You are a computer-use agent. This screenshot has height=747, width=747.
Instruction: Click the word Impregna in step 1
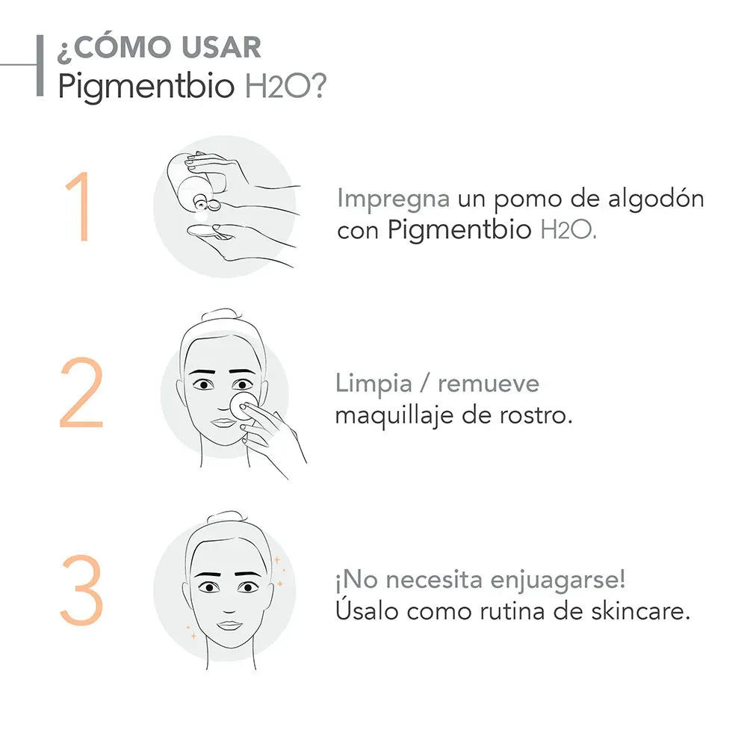pyautogui.click(x=393, y=199)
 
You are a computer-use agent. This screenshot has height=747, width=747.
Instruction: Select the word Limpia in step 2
pyautogui.click(x=373, y=384)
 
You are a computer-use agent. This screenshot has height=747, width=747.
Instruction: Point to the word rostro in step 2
pyautogui.click(x=536, y=415)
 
